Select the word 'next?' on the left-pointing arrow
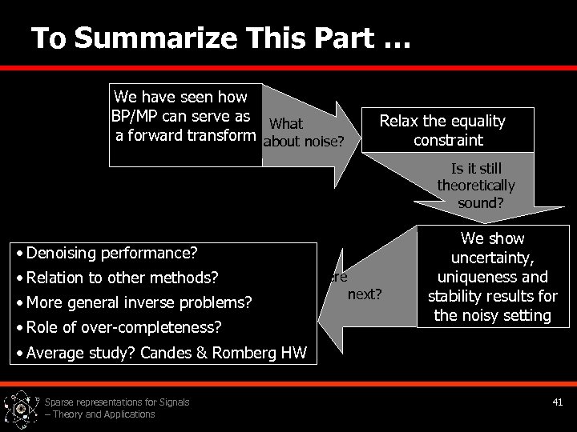tap(365, 294)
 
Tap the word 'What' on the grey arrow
tap(286, 124)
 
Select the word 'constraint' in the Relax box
tap(448, 140)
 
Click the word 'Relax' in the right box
tap(398, 121)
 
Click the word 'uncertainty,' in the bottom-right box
tap(492, 258)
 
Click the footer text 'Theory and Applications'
tap(104, 414)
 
